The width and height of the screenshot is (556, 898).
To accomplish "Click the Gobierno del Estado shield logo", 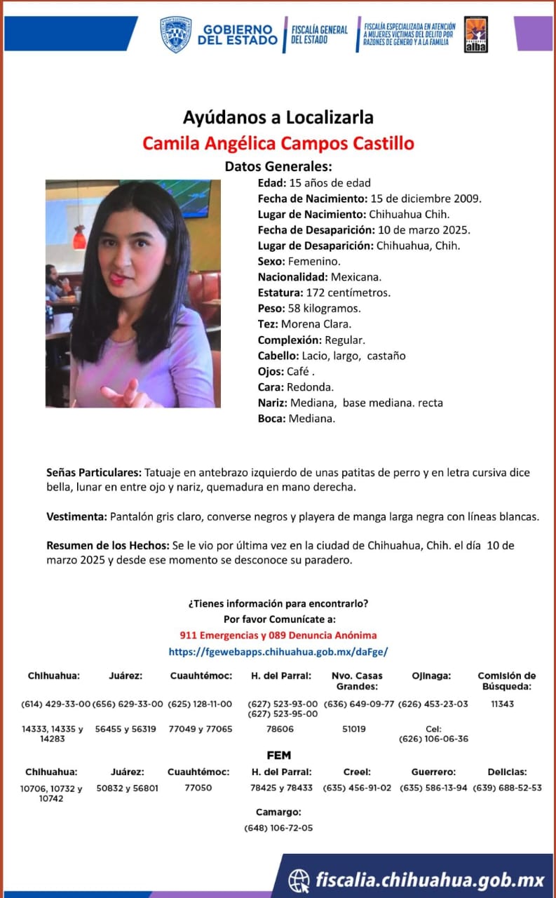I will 175,34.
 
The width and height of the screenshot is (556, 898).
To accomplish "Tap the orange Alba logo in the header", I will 476,34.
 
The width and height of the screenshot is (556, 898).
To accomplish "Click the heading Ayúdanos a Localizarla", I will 278,116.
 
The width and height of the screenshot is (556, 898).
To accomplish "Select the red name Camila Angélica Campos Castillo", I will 278,144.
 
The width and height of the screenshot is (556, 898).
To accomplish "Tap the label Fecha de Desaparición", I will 315,230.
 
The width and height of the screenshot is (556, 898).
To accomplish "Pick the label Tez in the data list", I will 268,324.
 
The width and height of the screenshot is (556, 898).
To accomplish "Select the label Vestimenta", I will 76,517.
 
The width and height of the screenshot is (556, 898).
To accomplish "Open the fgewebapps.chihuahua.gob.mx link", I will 278,652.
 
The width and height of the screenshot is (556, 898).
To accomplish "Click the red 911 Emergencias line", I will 278,635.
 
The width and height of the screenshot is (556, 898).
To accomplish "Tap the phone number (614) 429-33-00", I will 56,704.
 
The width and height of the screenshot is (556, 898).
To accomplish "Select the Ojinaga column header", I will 431,676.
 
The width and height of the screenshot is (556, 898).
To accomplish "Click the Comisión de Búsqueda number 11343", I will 502,704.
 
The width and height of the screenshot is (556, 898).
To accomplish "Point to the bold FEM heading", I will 278,756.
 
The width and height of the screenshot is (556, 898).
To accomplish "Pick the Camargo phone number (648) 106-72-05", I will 278,828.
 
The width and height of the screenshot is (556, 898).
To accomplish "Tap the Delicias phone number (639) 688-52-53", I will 507,788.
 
